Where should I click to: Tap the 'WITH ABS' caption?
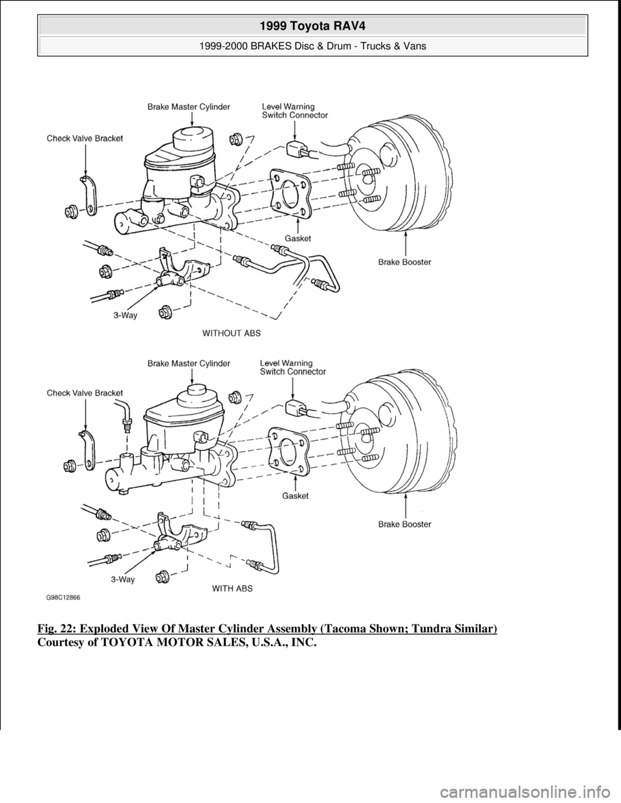point(233,588)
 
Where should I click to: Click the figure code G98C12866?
point(67,598)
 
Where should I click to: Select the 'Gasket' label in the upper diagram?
point(298,239)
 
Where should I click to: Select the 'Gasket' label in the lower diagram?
point(296,496)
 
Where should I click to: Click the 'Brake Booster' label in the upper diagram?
point(405,262)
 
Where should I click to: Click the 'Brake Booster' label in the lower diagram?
point(405,524)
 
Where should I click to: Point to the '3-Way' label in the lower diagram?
point(122,579)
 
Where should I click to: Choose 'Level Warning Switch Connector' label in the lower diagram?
point(293,367)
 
